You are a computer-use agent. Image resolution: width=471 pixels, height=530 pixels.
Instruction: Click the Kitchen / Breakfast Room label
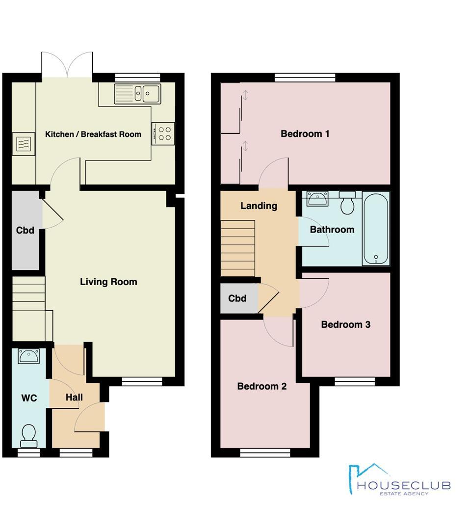[93, 134]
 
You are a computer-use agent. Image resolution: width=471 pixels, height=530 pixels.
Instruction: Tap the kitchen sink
[138, 94]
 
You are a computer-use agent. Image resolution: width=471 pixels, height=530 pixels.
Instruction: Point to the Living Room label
[108, 282]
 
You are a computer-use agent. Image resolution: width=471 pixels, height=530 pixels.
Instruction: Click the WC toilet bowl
[28, 435]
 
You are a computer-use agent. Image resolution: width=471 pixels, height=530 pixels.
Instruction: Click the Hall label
[74, 397]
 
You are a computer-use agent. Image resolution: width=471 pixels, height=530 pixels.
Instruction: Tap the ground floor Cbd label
[25, 230]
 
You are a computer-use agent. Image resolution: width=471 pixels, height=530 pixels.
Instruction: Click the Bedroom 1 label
[305, 133]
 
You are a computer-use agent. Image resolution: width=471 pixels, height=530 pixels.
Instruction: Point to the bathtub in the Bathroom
[376, 229]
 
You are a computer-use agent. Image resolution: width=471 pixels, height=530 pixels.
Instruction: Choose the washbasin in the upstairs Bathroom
[317, 198]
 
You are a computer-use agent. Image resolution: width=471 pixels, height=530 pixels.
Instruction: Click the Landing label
[259, 206]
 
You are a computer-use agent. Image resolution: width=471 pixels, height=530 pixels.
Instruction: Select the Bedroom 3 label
[345, 324]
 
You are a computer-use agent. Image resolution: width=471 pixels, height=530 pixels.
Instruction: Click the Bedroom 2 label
[262, 386]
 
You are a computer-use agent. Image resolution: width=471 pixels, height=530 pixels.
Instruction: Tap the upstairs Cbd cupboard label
[237, 298]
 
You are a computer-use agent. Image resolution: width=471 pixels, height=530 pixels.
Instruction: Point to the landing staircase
[238, 248]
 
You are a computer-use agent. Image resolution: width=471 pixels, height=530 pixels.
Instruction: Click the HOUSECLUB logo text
[403, 485]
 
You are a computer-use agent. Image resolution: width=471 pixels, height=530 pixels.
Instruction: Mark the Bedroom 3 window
[355, 381]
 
